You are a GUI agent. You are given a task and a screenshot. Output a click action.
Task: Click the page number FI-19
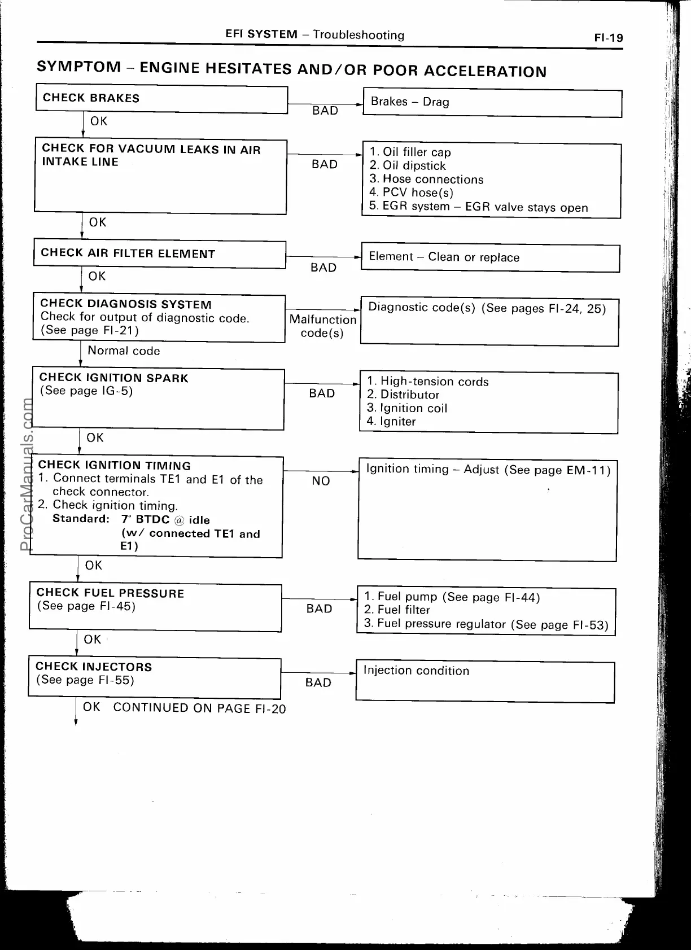608,38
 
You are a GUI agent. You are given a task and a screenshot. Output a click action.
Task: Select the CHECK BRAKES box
161,99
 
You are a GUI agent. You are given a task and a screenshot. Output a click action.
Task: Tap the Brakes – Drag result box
492,103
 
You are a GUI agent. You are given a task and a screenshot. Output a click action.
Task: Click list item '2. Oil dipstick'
407,166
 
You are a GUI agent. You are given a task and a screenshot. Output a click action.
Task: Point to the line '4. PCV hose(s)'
411,192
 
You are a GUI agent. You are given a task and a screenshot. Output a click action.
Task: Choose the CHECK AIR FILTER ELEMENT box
160,254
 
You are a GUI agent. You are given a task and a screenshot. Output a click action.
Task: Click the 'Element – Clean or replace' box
490,258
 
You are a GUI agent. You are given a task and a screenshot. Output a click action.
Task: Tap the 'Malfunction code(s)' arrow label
322,326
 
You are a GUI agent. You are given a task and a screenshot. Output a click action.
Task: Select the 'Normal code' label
124,351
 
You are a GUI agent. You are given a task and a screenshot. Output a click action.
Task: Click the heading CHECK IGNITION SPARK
113,378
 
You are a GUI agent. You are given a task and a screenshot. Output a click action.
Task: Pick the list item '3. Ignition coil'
406,408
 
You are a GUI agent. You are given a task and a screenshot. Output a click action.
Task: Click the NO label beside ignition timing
321,481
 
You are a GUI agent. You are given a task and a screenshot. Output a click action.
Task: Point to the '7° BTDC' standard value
145,520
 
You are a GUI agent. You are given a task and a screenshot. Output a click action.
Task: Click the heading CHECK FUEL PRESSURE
110,593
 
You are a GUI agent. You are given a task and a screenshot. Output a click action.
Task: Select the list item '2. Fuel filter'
396,610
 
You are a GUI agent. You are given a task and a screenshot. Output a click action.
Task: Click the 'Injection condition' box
485,682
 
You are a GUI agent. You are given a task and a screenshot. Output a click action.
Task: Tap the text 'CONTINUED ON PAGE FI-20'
199,708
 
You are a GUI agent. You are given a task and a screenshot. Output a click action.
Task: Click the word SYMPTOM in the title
78,67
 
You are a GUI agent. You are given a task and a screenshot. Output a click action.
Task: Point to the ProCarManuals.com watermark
26,474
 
